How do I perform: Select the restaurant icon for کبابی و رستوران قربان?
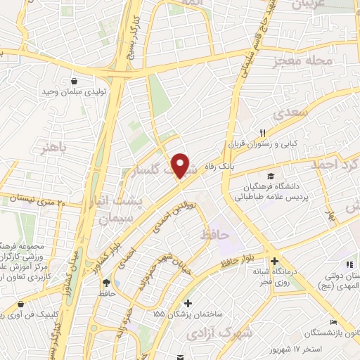[263, 132]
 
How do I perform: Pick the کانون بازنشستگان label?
[330, 333]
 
